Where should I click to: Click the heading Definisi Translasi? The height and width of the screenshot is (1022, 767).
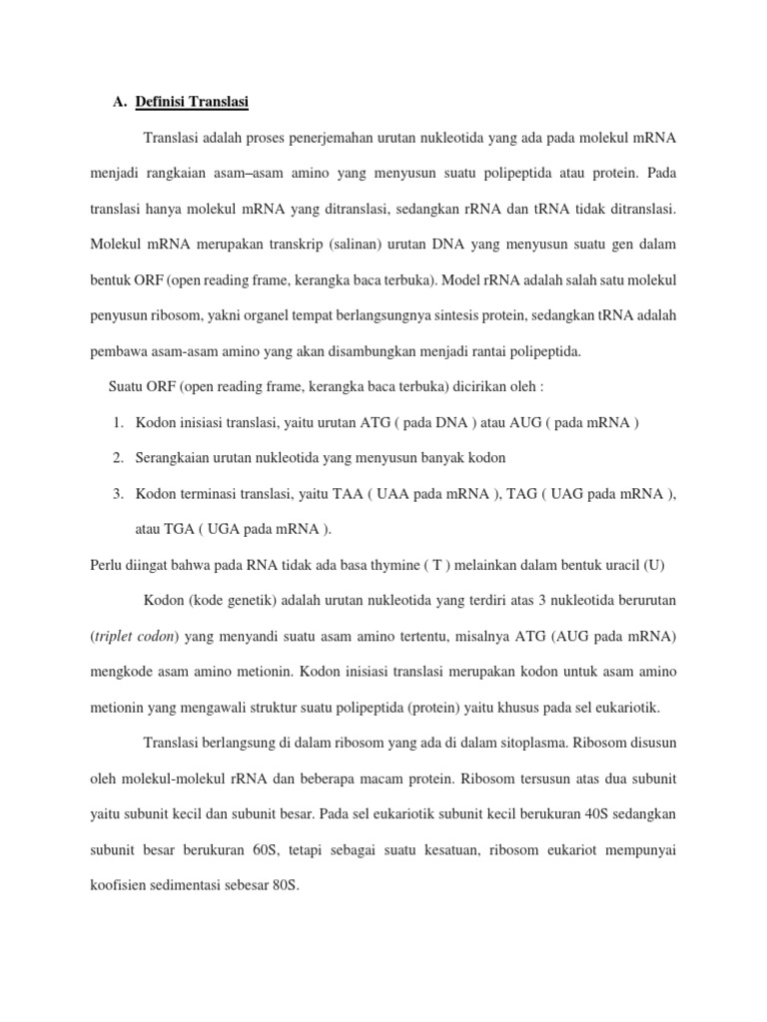point(192,101)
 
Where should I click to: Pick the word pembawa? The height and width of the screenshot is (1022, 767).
point(118,351)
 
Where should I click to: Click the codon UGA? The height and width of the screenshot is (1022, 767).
point(226,528)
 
